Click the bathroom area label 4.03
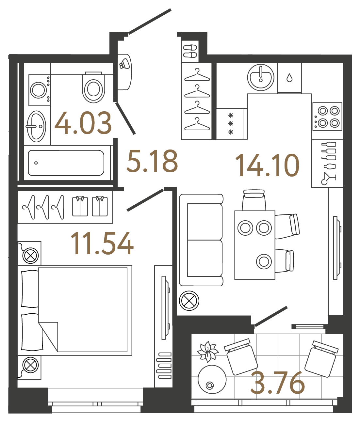click(83, 123)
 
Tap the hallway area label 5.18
click(152, 161)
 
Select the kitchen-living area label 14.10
click(267, 165)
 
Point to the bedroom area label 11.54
click(102, 243)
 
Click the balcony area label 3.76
click(277, 383)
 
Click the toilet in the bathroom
click(93, 88)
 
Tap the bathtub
click(66, 163)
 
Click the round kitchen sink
click(261, 77)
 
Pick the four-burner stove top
click(327, 117)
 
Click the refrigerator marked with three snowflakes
click(231, 124)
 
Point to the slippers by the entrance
click(190, 51)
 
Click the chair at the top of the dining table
click(254, 200)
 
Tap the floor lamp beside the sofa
click(189, 300)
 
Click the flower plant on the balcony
click(207, 352)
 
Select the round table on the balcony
click(212, 380)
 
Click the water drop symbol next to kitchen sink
click(289, 78)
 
